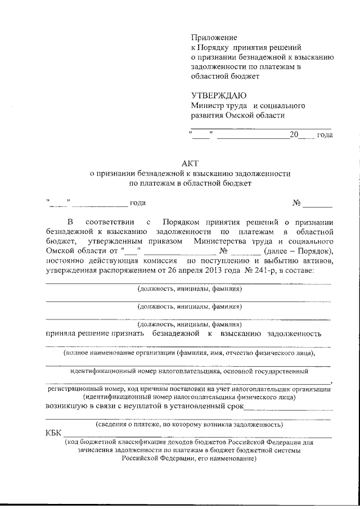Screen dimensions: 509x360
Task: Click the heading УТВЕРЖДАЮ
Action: click(218, 96)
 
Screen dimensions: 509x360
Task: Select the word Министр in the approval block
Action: click(206, 105)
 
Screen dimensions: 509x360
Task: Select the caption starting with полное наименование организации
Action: click(189, 353)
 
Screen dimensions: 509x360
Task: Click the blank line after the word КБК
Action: click(197, 435)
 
